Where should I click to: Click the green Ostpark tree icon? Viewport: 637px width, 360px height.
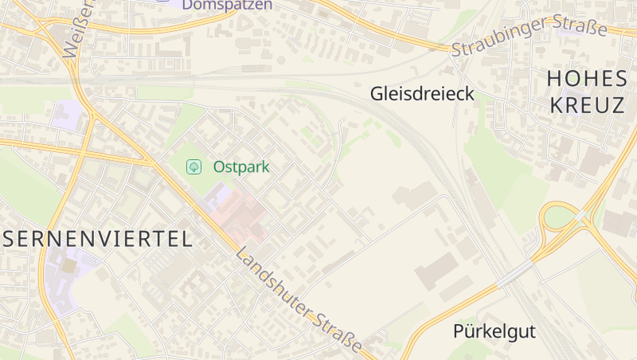tap(193, 166)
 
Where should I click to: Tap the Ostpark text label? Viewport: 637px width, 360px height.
tap(241, 167)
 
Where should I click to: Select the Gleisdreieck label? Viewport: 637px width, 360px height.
tap(422, 94)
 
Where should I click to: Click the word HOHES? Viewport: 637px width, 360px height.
tap(588, 79)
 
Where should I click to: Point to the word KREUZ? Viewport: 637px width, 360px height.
tap(587, 105)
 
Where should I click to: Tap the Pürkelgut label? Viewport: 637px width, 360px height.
tap(494, 331)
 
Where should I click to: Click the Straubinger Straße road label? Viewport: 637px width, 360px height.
tap(530, 37)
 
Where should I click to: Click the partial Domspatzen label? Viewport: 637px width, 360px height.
tap(227, 5)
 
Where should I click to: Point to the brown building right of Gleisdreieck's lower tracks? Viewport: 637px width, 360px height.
tap(414, 195)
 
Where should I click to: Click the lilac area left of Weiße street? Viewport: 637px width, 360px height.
tap(65, 115)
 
